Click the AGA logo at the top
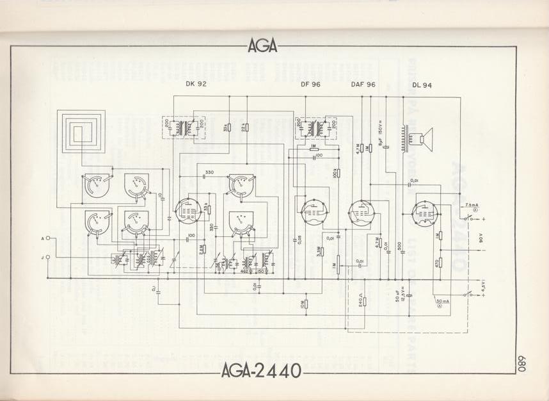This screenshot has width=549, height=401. tap(262, 45)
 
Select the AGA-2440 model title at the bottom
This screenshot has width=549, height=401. tap(262, 371)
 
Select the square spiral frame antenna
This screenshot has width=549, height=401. tap(81, 132)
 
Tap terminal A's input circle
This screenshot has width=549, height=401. tap(47, 238)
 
